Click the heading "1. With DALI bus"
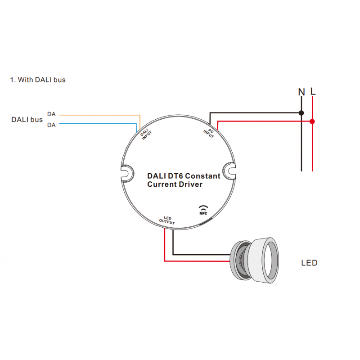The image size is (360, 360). point(38,80)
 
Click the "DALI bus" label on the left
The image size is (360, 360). point(27,120)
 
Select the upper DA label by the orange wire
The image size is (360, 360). point(51,115)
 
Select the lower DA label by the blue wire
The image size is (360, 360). point(51,125)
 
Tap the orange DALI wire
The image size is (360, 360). point(99,115)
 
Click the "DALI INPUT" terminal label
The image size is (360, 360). point(145,135)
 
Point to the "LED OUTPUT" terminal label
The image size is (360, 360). point(167,220)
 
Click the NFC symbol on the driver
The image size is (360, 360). point(204,210)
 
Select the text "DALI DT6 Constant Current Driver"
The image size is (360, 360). point(184,180)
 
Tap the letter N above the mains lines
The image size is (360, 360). point(301,92)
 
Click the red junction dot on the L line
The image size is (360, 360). point(312,121)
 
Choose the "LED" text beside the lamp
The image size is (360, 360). point(309,263)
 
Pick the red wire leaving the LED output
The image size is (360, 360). point(165,245)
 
